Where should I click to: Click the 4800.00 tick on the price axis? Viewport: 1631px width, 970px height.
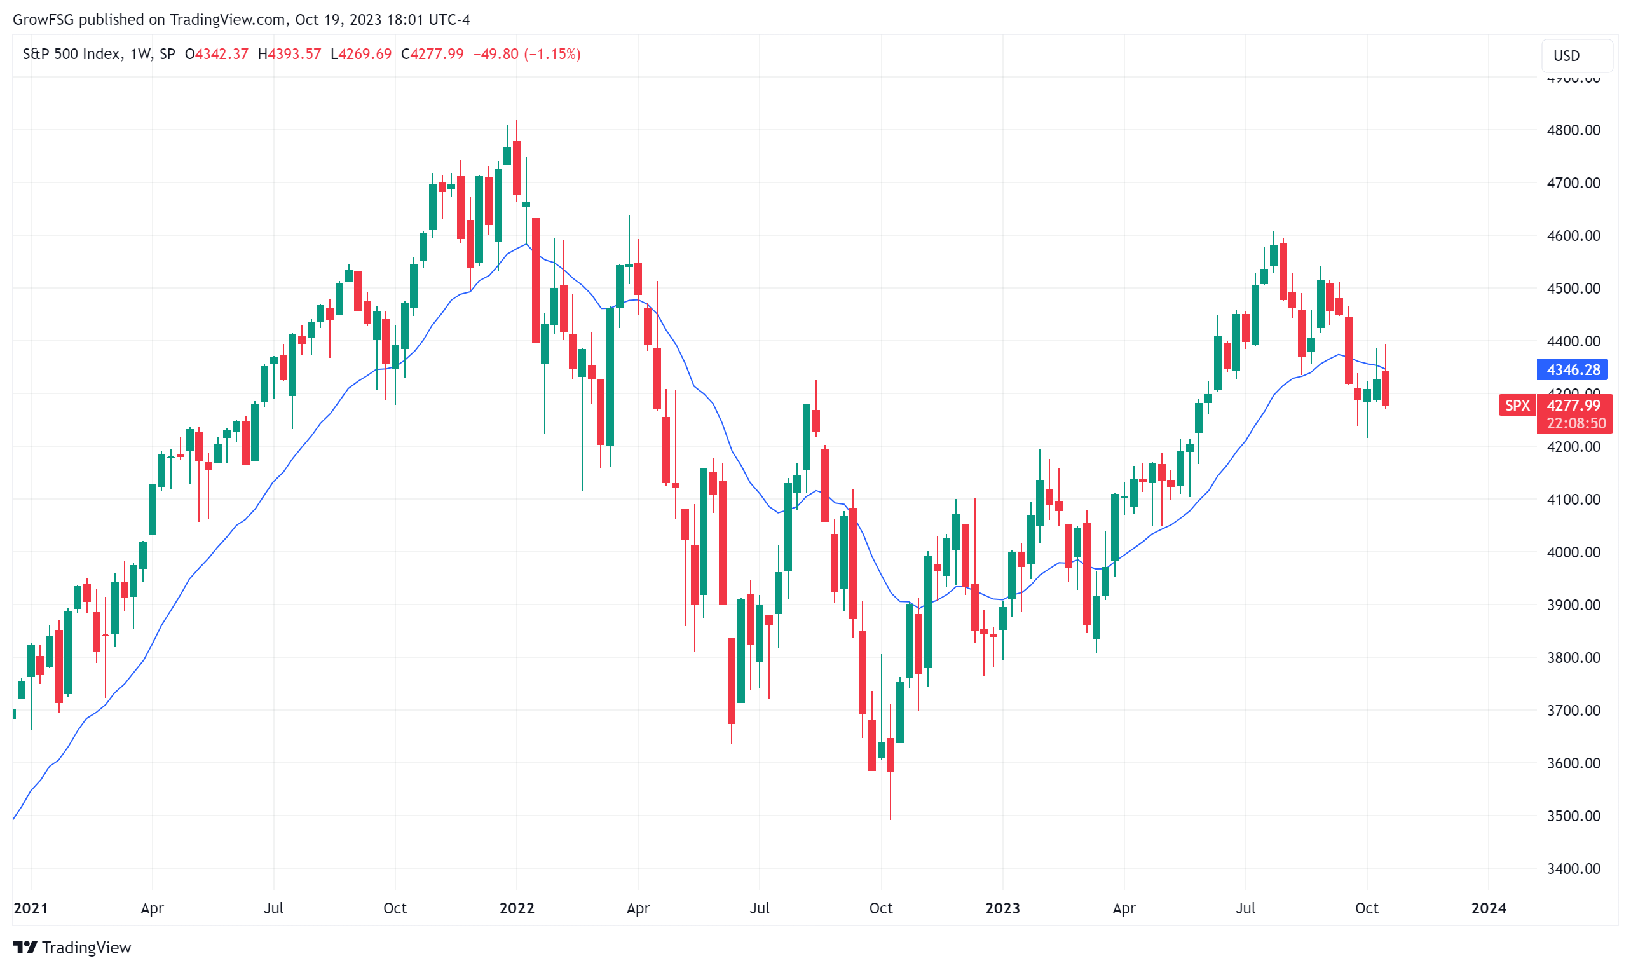[1573, 130]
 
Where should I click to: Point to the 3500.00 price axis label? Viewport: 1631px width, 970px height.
[1573, 816]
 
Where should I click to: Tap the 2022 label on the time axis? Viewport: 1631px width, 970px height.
[516, 908]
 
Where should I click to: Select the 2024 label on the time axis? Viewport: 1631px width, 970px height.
[1488, 908]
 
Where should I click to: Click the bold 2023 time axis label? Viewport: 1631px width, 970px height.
[1002, 908]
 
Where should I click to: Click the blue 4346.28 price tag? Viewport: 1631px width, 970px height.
[1573, 370]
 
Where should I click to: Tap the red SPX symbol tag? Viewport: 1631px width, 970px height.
[1517, 406]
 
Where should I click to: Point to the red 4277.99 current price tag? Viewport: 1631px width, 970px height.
[1573, 406]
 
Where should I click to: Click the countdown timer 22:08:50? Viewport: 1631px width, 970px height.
[1576, 423]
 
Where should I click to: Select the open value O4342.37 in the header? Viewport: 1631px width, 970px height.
[216, 54]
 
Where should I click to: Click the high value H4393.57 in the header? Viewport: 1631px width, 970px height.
[289, 54]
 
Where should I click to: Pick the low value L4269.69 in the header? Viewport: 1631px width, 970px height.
[360, 54]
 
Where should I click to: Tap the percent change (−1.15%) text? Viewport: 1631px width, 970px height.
[552, 54]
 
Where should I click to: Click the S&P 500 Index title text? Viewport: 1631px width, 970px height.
[72, 54]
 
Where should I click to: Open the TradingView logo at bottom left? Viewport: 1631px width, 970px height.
[72, 947]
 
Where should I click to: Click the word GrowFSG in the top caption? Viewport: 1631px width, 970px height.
[43, 20]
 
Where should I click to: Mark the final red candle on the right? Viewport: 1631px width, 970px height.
[1385, 388]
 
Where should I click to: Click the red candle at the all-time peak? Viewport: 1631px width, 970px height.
[516, 167]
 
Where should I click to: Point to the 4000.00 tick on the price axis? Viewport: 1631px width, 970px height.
[1573, 552]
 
